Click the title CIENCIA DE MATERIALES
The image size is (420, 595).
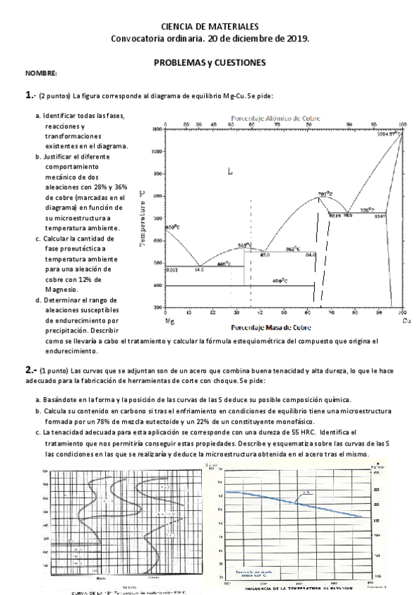pyautogui.click(x=210, y=25)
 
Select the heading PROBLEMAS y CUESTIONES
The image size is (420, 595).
pyautogui.click(x=210, y=62)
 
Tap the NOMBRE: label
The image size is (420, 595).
pyautogui.click(x=41, y=74)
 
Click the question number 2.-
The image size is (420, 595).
pyautogui.click(x=31, y=368)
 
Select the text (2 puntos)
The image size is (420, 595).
pyautogui.click(x=55, y=95)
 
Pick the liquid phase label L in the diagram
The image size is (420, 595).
pyautogui.click(x=230, y=171)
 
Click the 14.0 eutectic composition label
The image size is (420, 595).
pyautogui.click(x=199, y=269)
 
